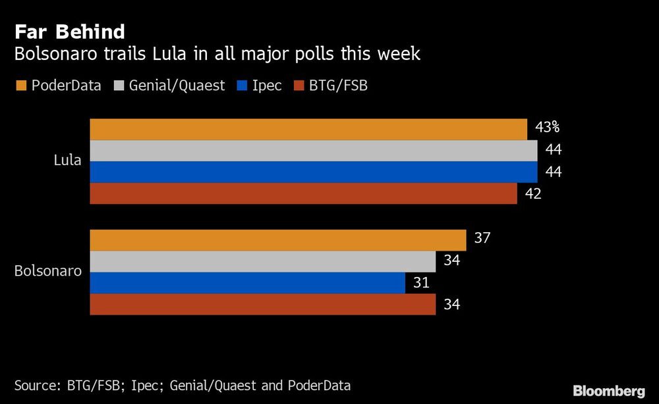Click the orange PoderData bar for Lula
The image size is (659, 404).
point(308,130)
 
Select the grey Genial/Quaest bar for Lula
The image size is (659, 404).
point(314,151)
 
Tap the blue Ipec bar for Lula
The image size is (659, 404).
point(314,172)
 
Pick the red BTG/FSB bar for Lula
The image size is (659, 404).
point(303,193)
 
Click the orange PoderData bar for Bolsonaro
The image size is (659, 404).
point(277,240)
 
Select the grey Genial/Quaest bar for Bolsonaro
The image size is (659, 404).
point(262,262)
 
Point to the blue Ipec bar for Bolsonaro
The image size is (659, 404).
point(247,283)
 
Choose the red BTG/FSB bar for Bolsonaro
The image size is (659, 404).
point(262,304)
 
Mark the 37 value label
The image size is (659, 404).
point(482,238)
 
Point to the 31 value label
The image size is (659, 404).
point(421,283)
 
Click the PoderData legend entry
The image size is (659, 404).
point(58,86)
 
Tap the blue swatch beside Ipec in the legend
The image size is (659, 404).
point(241,86)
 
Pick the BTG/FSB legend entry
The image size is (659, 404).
point(331,86)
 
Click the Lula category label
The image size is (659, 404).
point(68,160)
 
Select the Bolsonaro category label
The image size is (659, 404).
point(48,271)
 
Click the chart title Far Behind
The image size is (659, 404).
point(70,32)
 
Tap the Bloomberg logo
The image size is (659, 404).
point(609,391)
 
